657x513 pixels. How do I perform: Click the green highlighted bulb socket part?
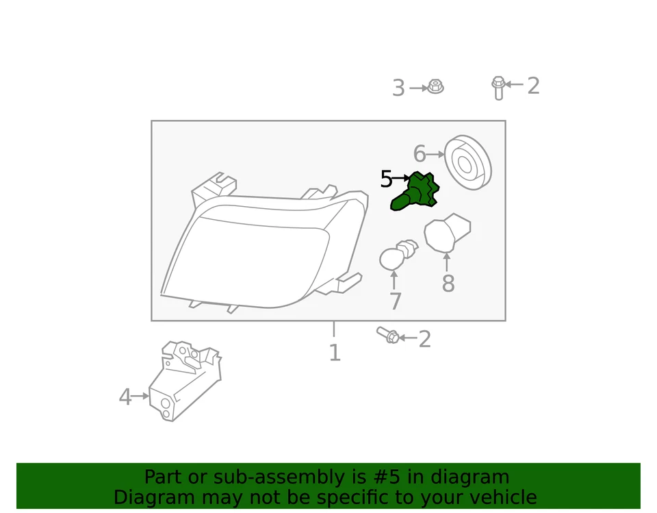pos(417,192)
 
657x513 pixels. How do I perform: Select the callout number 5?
pos(386,179)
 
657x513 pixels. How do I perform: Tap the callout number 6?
pos(420,155)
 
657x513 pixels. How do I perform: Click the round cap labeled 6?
pos(468,164)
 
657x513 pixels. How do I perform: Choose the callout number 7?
pos(395,301)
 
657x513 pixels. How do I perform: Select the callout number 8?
pos(448,283)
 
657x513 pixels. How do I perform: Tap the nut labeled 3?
pos(435,87)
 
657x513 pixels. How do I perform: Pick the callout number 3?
pos(398,88)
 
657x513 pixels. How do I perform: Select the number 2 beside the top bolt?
pos(533,86)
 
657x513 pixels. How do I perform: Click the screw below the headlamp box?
pos(388,335)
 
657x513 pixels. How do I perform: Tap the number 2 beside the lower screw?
pos(425,339)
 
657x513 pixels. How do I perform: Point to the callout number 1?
pos(334,353)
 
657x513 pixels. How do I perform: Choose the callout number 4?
pos(125,397)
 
